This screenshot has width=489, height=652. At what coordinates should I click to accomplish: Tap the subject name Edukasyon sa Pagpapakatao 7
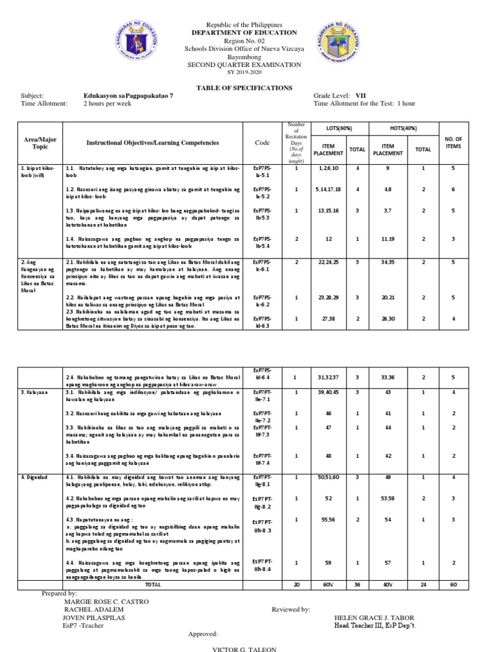128,96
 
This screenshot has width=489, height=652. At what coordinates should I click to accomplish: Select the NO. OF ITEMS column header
454,143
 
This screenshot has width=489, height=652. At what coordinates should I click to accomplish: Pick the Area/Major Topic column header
36,143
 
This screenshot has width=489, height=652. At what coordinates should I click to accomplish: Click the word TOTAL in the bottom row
153,583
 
